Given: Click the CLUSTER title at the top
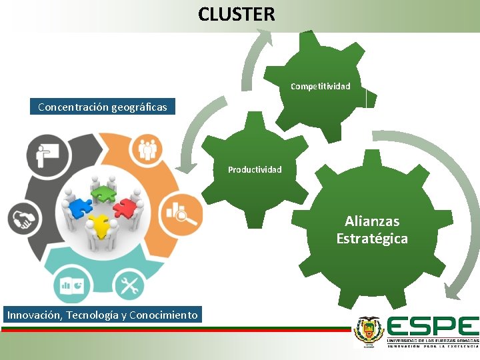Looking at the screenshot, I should pyautogui.click(x=236, y=14).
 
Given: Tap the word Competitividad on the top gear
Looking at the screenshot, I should pyautogui.click(x=320, y=87).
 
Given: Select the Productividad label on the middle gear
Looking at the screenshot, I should pyautogui.click(x=255, y=169).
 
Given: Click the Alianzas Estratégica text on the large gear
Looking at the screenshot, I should pyautogui.click(x=372, y=229).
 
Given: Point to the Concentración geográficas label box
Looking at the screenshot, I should pyautogui.click(x=103, y=107).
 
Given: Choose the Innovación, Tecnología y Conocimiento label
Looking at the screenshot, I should pyautogui.click(x=103, y=315).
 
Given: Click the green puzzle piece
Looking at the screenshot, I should pyautogui.click(x=103, y=193).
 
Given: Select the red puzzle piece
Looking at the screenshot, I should pyautogui.click(x=123, y=207).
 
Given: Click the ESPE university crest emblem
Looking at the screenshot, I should pyautogui.click(x=369, y=331).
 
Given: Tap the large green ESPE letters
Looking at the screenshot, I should pyautogui.click(x=433, y=327).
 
